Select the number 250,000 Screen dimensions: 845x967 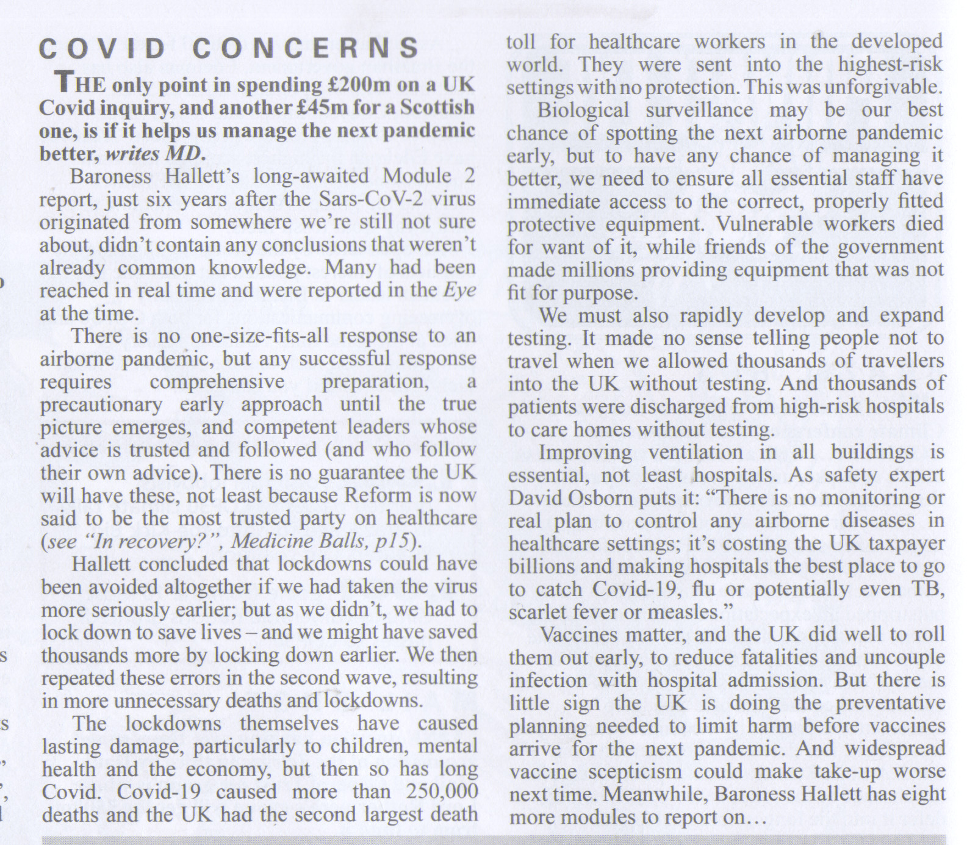tap(441, 792)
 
